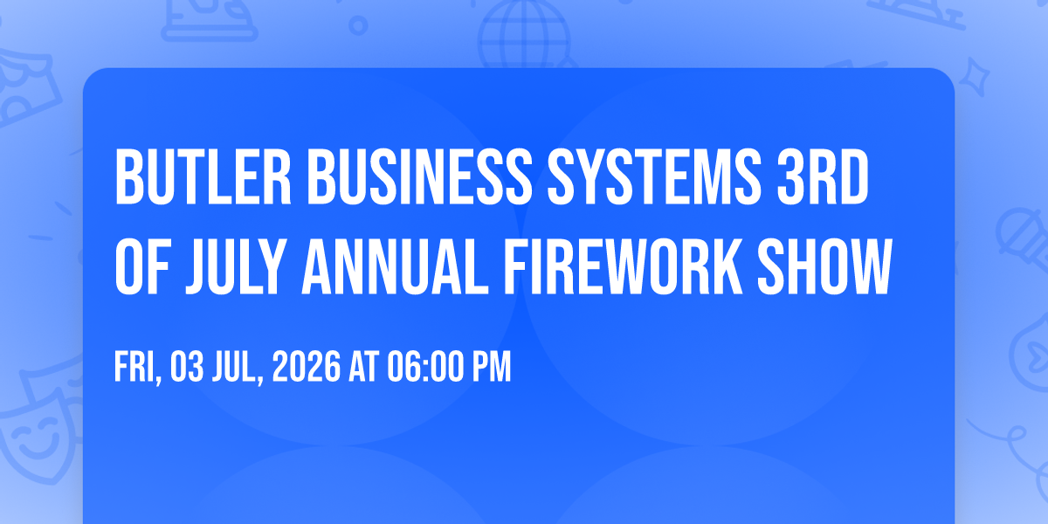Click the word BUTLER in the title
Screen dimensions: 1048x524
[x=203, y=176]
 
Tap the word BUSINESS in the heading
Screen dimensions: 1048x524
[x=420, y=176]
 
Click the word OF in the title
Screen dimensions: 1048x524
[x=142, y=267]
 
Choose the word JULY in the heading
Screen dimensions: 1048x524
[x=236, y=267]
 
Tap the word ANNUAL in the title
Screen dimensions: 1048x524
[x=396, y=267]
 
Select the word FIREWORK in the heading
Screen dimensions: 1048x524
[x=623, y=267]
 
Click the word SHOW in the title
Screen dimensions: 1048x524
[x=824, y=267]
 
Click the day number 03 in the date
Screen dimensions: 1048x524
[x=187, y=368]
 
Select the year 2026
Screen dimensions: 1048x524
[x=307, y=368]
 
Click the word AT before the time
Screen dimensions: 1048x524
[x=363, y=368]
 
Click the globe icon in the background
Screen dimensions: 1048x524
[x=524, y=36]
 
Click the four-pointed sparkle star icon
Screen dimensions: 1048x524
[x=974, y=77]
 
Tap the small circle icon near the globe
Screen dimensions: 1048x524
[x=358, y=25]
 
